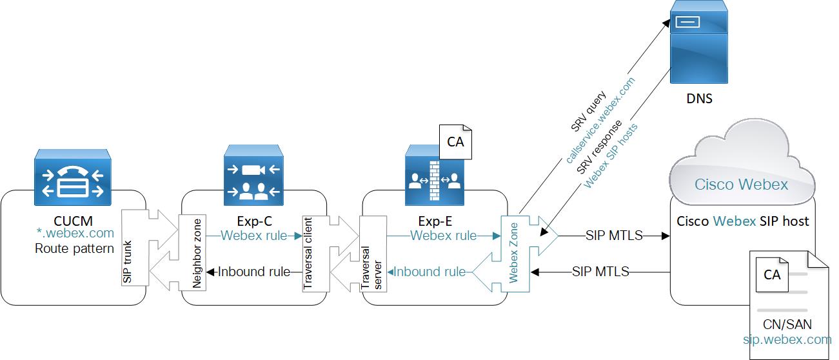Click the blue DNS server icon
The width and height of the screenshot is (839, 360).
point(699,43)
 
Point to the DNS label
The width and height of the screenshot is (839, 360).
point(700,99)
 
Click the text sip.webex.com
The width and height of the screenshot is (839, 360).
point(787,339)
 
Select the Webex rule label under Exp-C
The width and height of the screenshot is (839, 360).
point(253,235)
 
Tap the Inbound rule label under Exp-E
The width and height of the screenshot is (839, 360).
point(429,272)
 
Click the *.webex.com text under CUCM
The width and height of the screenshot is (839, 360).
point(75,233)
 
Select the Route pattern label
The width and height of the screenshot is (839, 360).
point(74,248)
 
